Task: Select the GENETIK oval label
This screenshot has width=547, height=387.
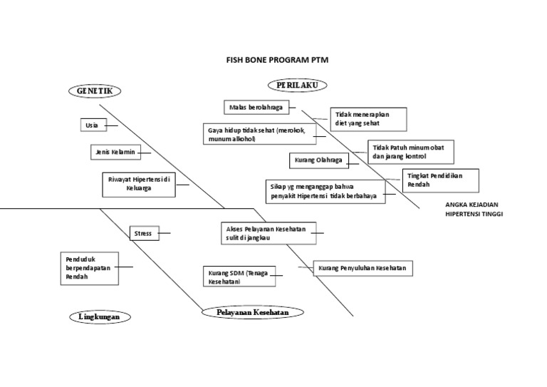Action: coord(95,91)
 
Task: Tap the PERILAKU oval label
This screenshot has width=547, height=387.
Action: coord(298,85)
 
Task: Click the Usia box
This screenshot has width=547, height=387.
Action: coord(92,125)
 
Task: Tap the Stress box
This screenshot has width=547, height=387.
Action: coord(144,232)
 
